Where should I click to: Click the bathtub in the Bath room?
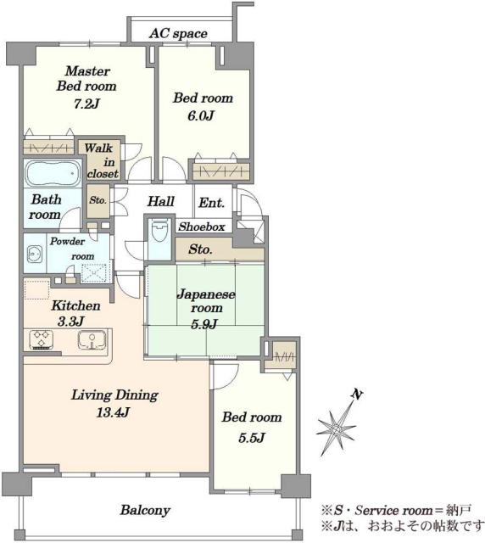(53, 173)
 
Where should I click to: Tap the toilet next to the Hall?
(159, 231)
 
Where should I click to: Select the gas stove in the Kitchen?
(42, 339)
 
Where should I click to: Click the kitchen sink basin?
(92, 339)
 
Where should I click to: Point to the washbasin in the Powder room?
(34, 255)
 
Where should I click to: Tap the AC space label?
(178, 34)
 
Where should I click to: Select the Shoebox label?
(202, 227)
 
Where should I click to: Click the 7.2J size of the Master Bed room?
(86, 104)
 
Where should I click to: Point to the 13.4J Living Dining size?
(114, 412)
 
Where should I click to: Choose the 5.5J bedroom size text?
(252, 438)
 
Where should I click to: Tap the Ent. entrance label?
(211, 203)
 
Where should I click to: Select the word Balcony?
(145, 510)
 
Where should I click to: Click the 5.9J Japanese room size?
(203, 324)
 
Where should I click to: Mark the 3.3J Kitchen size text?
(70, 322)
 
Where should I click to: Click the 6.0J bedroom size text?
(200, 115)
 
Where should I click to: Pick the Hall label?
(161, 201)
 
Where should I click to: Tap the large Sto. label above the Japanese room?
(200, 249)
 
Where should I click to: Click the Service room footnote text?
(396, 510)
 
